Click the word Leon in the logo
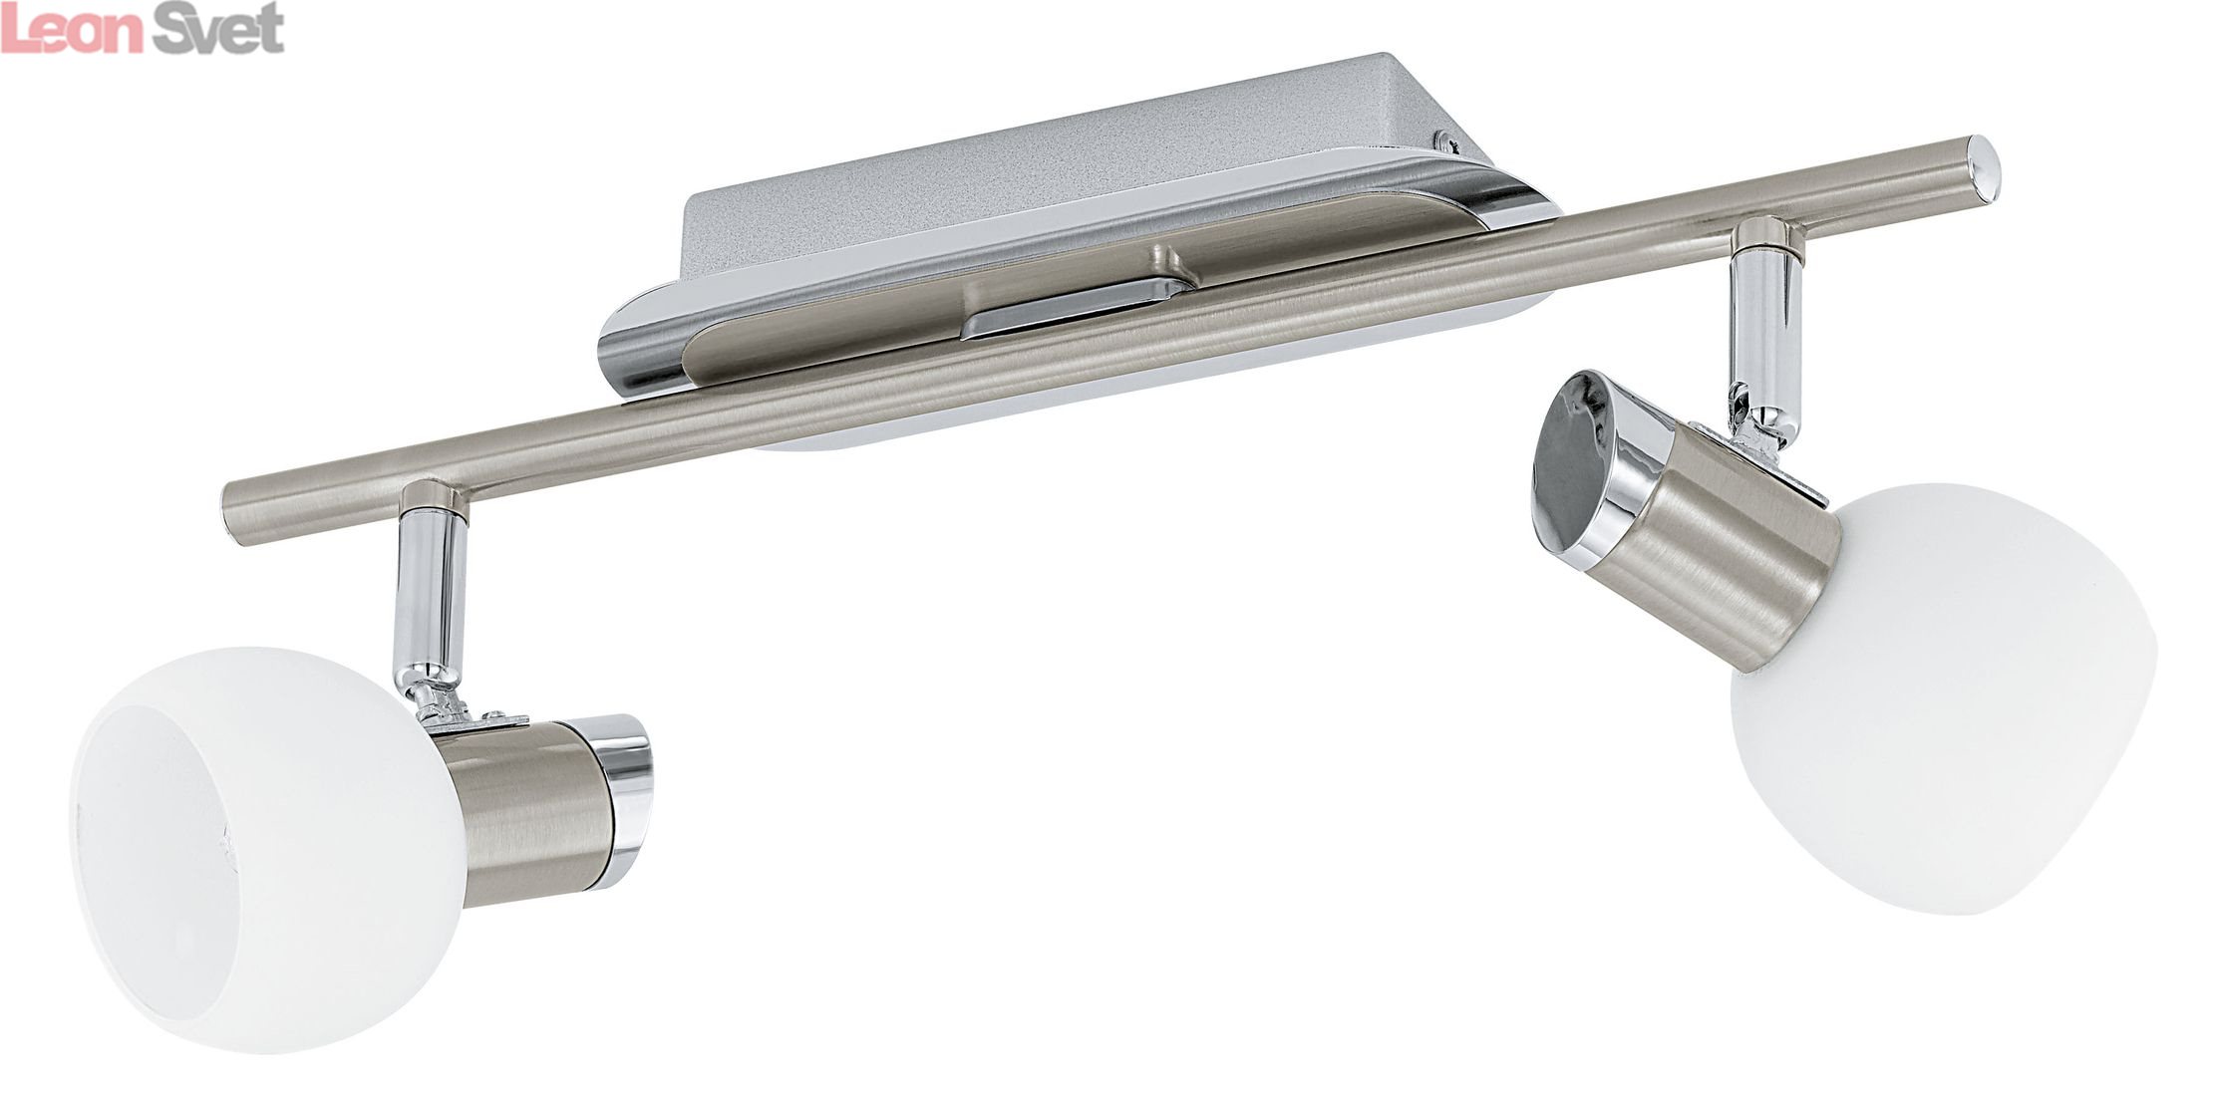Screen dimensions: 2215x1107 74,32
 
